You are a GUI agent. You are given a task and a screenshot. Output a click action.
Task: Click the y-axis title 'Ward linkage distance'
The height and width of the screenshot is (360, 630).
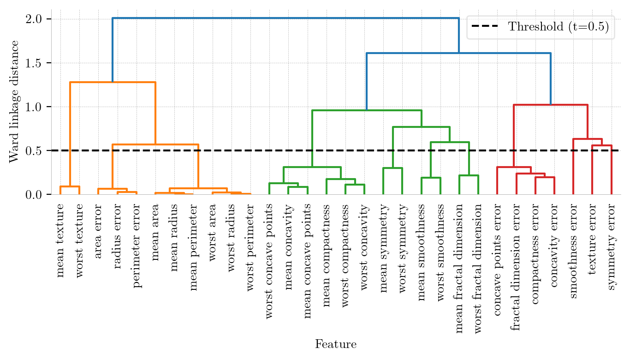click(14, 102)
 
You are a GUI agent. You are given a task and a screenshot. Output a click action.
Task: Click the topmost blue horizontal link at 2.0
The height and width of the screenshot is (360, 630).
click(285, 18)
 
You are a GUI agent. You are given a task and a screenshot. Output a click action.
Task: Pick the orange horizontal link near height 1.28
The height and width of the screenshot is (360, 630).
click(113, 82)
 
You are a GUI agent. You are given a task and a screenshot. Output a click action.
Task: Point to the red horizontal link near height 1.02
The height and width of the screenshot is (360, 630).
click(550, 105)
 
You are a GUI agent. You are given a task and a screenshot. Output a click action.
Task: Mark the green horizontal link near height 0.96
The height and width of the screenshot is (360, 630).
click(367, 110)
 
